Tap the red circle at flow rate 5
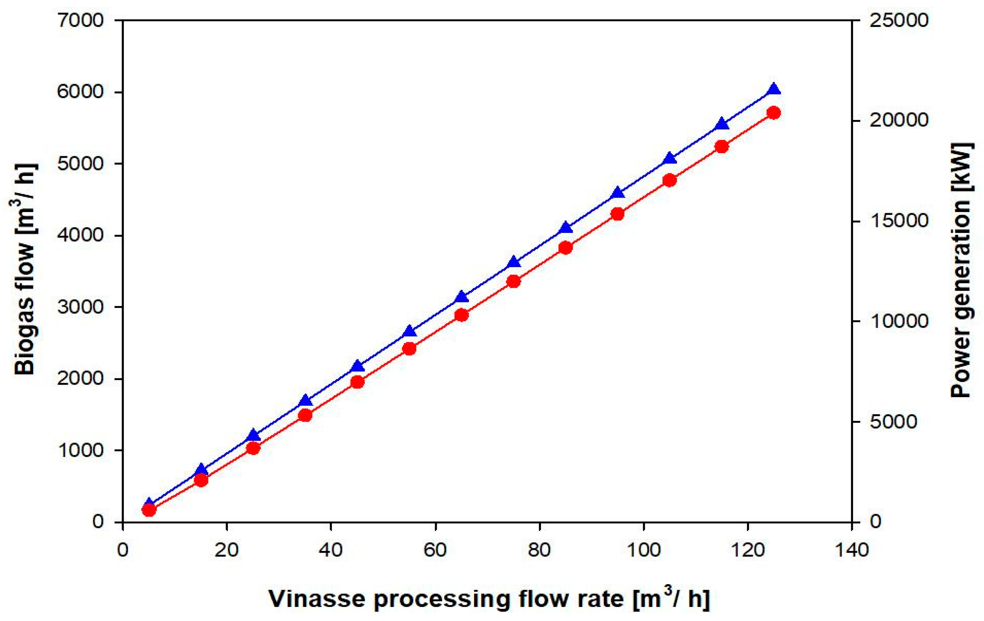149,510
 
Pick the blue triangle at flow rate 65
461,297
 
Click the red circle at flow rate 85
565,248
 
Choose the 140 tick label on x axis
851,550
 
